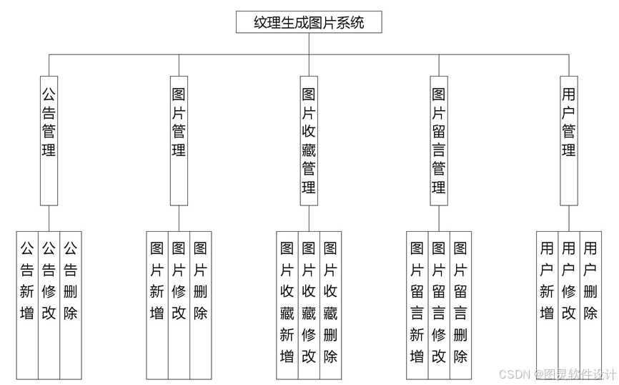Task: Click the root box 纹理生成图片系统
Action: tap(309, 22)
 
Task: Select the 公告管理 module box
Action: tap(49, 140)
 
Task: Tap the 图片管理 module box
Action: tap(179, 140)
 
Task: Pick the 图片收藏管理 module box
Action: tap(309, 140)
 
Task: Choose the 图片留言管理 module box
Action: tap(439, 140)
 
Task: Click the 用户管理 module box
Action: tap(569, 140)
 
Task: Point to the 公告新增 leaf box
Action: tap(27, 304)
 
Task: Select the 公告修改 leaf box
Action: tap(49, 304)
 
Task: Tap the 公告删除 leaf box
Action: tap(70, 304)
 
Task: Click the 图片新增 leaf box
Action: tap(157, 304)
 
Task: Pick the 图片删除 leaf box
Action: tap(200, 304)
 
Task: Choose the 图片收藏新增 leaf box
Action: tap(287, 304)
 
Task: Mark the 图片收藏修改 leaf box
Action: tap(309, 304)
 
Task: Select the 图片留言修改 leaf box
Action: tap(439, 304)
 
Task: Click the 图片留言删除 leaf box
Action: tap(460, 304)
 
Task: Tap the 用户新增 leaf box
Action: tap(548, 304)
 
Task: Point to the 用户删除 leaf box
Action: tap(590, 304)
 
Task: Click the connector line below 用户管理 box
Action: tap(569, 218)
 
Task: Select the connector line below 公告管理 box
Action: tap(49, 218)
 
